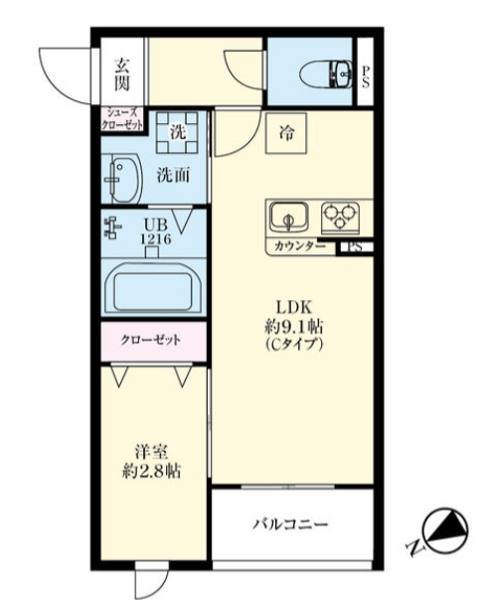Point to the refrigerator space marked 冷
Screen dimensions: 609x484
tap(287, 130)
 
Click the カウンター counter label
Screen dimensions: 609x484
tap(299, 245)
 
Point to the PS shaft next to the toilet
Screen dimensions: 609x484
tap(366, 75)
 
